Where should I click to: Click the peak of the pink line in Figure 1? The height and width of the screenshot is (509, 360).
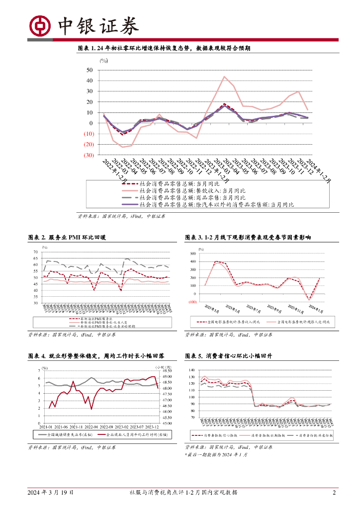pyautogui.click(x=224, y=77)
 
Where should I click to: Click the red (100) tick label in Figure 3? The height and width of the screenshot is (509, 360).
pyautogui.click(x=192, y=302)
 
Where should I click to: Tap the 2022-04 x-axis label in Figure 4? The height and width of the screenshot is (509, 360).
pyautogui.click(x=91, y=426)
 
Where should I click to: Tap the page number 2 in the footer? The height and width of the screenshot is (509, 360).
pyautogui.click(x=334, y=493)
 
